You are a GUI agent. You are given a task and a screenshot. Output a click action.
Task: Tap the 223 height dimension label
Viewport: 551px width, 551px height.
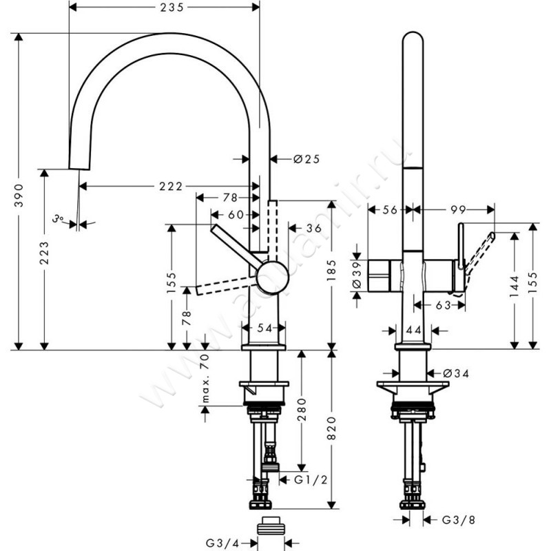[x=43, y=254]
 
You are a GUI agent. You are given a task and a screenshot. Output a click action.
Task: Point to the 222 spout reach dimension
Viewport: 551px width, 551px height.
[x=167, y=187]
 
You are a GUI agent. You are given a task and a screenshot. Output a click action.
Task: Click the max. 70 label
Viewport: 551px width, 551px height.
[x=205, y=379]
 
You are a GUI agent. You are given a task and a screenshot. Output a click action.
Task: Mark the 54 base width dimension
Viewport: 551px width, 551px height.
[x=263, y=329]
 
